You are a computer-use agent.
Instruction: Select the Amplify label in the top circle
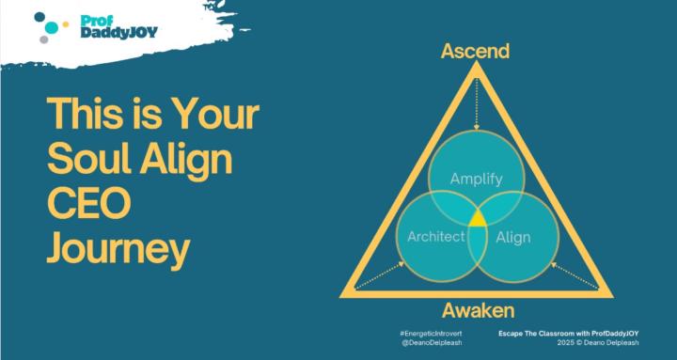(x=475, y=178)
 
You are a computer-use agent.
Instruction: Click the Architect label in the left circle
(x=436, y=237)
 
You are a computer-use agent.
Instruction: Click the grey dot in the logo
(x=44, y=40)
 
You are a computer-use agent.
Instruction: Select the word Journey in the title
(x=118, y=253)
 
